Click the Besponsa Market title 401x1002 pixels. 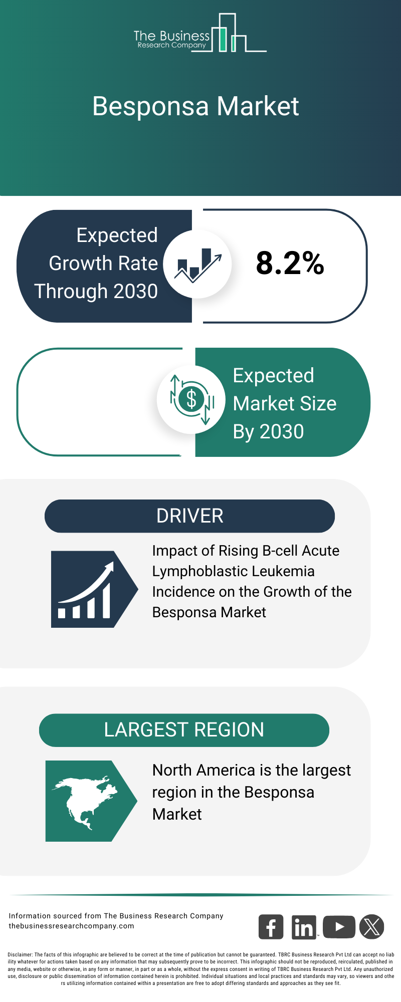click(x=195, y=106)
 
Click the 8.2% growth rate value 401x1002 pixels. click(x=290, y=263)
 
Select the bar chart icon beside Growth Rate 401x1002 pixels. click(x=197, y=264)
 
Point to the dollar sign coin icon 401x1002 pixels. click(x=191, y=399)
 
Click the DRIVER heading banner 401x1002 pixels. click(x=189, y=516)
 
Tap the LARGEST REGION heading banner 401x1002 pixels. click(x=184, y=730)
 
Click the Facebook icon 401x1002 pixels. click(x=271, y=927)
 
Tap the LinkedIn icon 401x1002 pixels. click(x=304, y=927)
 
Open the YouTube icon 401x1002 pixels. click(x=339, y=927)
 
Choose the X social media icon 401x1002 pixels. click(x=372, y=927)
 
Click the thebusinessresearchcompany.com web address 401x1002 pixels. click(x=71, y=926)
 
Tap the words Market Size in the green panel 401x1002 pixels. click(x=285, y=404)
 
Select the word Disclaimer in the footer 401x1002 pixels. click(x=20, y=955)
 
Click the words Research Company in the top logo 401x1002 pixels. click(x=171, y=45)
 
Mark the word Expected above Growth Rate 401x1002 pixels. click(x=117, y=235)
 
